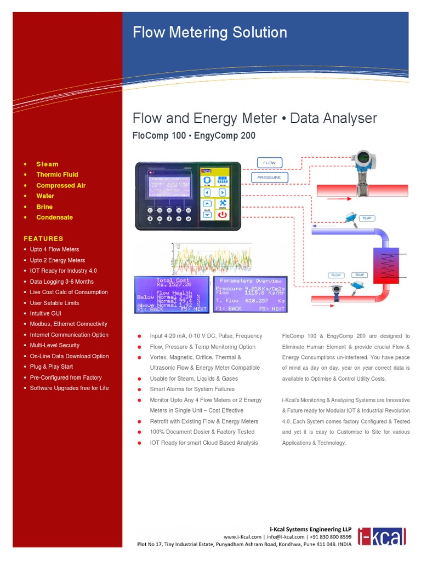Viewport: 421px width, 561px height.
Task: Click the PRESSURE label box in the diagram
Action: [x=269, y=178]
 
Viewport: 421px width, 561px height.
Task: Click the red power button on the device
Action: [x=223, y=215]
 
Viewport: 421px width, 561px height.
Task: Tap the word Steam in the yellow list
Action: [x=47, y=164]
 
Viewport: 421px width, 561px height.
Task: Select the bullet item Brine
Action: [x=44, y=207]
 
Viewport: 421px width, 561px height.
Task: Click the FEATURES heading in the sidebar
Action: [x=43, y=238]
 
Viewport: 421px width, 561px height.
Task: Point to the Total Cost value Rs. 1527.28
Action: [x=173, y=285]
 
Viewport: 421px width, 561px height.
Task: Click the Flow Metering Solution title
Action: [x=210, y=32]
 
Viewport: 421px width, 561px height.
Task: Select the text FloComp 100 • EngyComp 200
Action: [x=194, y=135]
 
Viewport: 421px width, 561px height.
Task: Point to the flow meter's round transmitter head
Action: [x=362, y=159]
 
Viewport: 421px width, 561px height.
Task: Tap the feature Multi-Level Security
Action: [x=54, y=345]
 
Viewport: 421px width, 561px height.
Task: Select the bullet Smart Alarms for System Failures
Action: [x=192, y=389]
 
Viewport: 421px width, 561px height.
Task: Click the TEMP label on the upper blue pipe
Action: [x=367, y=218]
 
